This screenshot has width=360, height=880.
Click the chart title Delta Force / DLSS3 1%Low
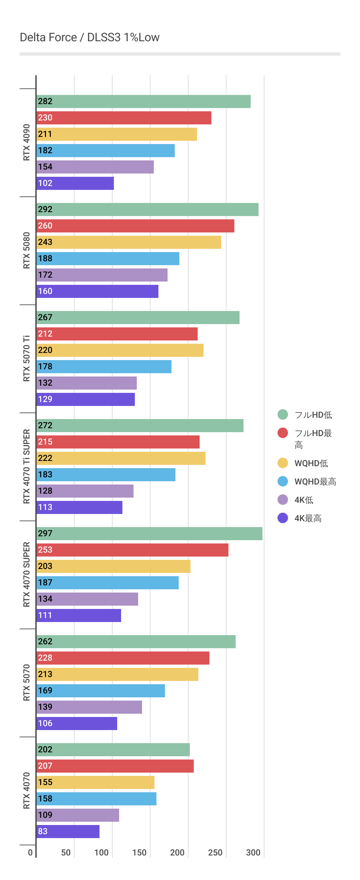click(x=89, y=37)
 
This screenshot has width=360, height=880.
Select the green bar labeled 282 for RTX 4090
click(x=143, y=101)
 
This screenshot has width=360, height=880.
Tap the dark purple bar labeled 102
click(x=75, y=183)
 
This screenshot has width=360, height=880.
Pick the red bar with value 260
click(x=135, y=226)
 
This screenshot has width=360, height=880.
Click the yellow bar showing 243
click(x=129, y=242)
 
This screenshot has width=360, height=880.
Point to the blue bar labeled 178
click(x=104, y=367)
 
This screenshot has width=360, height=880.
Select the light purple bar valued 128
click(x=85, y=491)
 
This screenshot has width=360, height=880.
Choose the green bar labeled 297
click(x=149, y=534)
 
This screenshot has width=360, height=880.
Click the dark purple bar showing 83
click(x=68, y=832)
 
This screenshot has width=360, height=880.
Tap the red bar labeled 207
click(x=115, y=766)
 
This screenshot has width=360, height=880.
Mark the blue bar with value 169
click(x=101, y=691)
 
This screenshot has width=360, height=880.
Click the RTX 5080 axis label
click(x=27, y=250)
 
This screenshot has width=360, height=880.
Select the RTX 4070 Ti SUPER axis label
click(x=27, y=466)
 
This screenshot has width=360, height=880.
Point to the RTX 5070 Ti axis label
click(x=27, y=358)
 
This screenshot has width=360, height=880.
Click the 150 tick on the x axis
click(x=139, y=853)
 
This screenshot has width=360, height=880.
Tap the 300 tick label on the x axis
click(x=253, y=853)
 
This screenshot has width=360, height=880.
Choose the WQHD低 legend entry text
click(x=311, y=463)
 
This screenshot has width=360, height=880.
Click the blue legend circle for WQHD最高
click(x=283, y=481)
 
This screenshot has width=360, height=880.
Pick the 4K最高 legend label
click(x=308, y=518)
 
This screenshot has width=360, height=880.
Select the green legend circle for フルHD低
click(x=283, y=414)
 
